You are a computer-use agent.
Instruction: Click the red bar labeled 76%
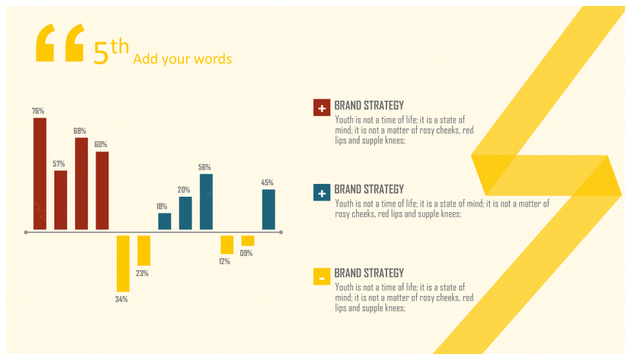click(x=40, y=174)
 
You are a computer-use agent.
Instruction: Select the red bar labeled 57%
click(x=60, y=200)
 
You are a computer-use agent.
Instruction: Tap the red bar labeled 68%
click(x=82, y=183)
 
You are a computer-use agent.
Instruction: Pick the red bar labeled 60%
click(x=103, y=191)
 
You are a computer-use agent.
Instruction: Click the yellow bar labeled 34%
click(x=123, y=263)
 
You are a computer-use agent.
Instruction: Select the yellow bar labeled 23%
click(x=144, y=250)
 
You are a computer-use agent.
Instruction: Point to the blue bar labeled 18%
click(x=164, y=221)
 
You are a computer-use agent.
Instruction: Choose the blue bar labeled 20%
click(x=185, y=214)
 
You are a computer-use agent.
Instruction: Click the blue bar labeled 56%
click(x=206, y=202)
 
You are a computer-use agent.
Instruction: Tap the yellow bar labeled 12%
click(x=227, y=245)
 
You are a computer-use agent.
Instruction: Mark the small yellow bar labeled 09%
click(x=248, y=240)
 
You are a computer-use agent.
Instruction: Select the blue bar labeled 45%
click(x=268, y=210)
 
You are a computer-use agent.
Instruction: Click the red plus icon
click(x=322, y=108)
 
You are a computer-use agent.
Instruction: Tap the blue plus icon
click(x=322, y=192)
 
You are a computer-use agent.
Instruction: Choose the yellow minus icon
click(x=322, y=277)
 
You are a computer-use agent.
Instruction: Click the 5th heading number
click(x=111, y=51)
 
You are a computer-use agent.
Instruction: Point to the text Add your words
click(x=183, y=59)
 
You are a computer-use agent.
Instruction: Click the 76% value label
click(x=38, y=111)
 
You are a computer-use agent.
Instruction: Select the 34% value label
click(x=121, y=300)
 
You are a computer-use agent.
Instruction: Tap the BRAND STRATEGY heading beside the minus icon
click(x=369, y=273)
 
